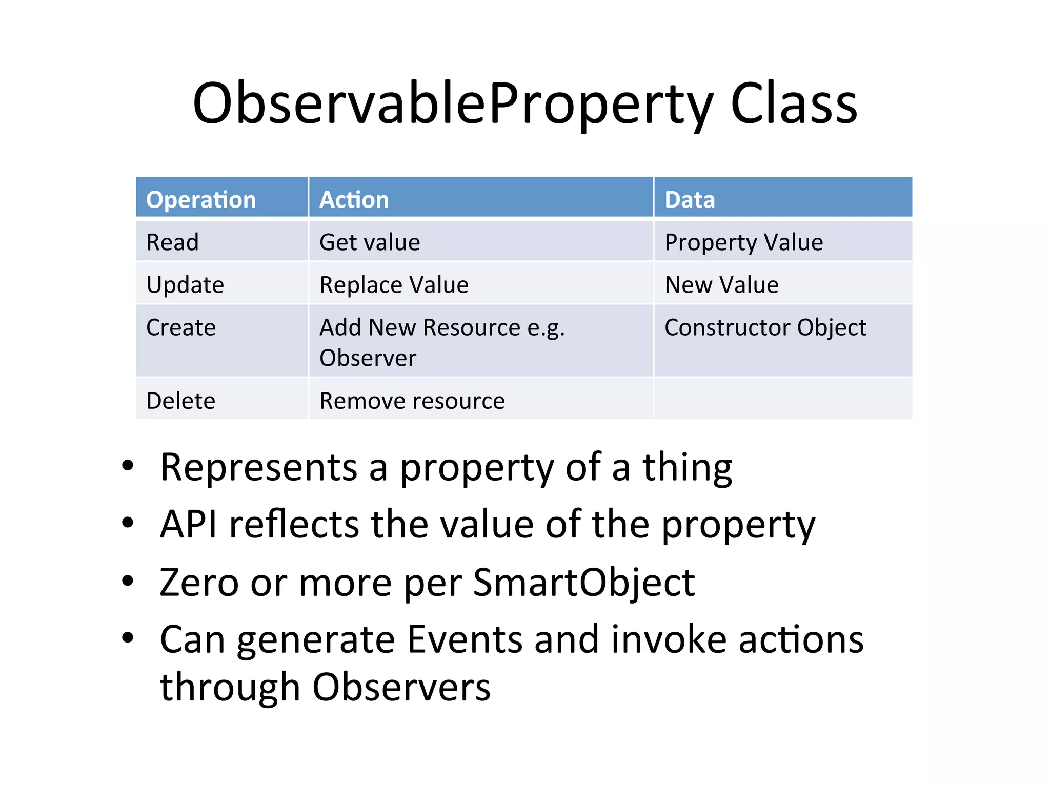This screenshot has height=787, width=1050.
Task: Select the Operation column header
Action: [201, 199]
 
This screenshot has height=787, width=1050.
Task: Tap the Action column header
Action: [354, 199]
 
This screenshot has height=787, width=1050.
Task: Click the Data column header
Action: [689, 199]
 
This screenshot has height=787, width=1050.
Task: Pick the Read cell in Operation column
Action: [172, 242]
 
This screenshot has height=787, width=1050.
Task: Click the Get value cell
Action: [370, 242]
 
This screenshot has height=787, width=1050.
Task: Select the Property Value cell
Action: [743, 242]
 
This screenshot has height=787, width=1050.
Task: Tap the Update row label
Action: [185, 284]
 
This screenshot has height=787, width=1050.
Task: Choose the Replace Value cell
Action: [394, 284]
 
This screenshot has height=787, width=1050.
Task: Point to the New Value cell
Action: [721, 284]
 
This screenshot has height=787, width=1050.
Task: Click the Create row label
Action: [181, 327]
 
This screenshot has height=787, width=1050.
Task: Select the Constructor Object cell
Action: [765, 327]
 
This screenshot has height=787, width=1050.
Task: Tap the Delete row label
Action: [181, 401]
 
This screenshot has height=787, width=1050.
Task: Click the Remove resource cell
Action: [412, 401]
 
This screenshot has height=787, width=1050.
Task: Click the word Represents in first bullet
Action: [258, 467]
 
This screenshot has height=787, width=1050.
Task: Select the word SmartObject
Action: [583, 583]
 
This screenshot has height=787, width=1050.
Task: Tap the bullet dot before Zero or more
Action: [128, 581]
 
